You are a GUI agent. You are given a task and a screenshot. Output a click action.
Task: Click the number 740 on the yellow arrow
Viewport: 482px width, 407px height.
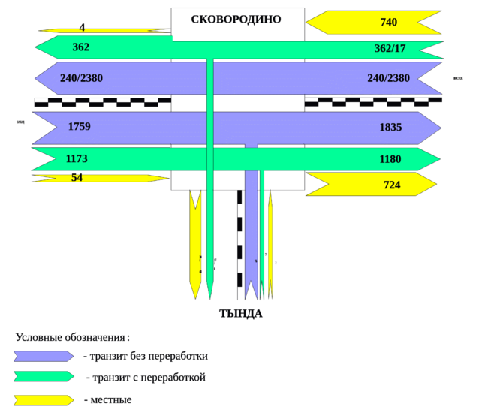(388, 23)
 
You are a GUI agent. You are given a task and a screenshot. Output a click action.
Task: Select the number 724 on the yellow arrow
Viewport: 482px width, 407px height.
(391, 185)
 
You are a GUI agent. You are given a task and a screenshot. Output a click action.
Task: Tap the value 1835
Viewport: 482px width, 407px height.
(390, 128)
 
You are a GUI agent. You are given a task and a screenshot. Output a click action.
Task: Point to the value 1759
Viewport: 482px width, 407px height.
(79, 127)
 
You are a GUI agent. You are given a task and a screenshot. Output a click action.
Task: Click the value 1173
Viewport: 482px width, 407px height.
(77, 158)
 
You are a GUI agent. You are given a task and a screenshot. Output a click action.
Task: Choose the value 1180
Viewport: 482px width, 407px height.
(390, 159)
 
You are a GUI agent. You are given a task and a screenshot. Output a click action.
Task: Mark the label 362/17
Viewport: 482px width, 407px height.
(390, 48)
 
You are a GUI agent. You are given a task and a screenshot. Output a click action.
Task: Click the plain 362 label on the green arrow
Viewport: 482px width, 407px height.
(81, 47)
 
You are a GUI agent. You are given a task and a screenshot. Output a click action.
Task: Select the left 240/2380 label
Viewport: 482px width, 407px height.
(81, 77)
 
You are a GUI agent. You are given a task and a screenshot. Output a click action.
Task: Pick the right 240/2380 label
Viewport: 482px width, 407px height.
(389, 78)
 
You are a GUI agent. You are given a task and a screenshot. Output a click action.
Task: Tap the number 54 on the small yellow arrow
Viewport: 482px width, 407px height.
(77, 178)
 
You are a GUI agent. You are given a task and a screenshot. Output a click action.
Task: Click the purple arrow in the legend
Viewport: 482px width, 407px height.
(44, 356)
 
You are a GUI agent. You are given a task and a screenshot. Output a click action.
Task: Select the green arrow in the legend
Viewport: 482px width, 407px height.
(44, 377)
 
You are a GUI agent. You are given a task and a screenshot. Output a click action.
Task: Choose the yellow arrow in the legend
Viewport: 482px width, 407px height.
(44, 399)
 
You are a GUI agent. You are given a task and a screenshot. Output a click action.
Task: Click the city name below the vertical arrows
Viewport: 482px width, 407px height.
(240, 313)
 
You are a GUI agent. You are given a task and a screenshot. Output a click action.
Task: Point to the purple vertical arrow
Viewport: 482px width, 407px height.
(251, 233)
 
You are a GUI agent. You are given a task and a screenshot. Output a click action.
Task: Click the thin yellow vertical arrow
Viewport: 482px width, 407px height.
(270, 240)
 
